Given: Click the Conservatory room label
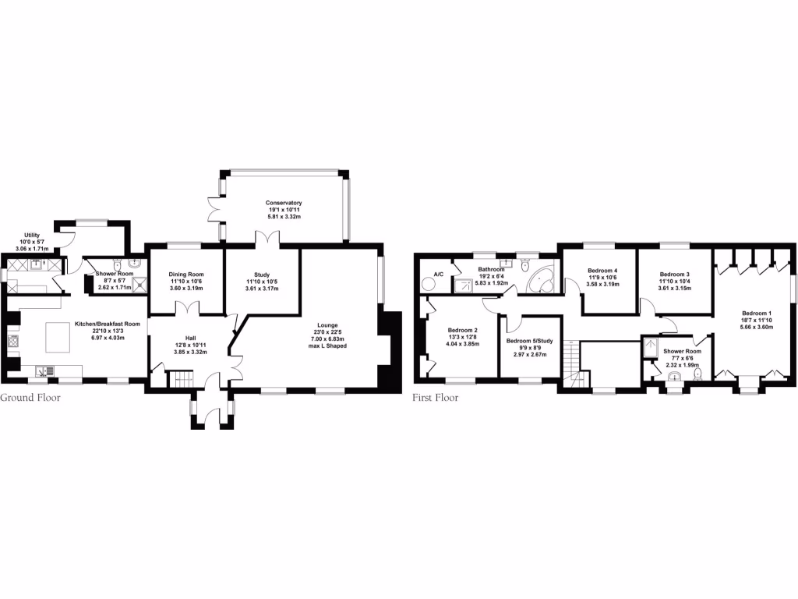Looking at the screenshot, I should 284,203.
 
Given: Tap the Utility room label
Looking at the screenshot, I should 32,235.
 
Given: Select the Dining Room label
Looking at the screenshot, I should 186,274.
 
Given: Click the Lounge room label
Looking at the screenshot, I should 327,325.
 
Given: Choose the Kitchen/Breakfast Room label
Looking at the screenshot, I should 108,323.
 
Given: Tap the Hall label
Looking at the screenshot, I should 190,338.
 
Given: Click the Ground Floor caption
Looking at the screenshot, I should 30,398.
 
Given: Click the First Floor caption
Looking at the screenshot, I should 436,398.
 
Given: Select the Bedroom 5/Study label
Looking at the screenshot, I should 529,340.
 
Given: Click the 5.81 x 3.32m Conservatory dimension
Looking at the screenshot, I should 284,217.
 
